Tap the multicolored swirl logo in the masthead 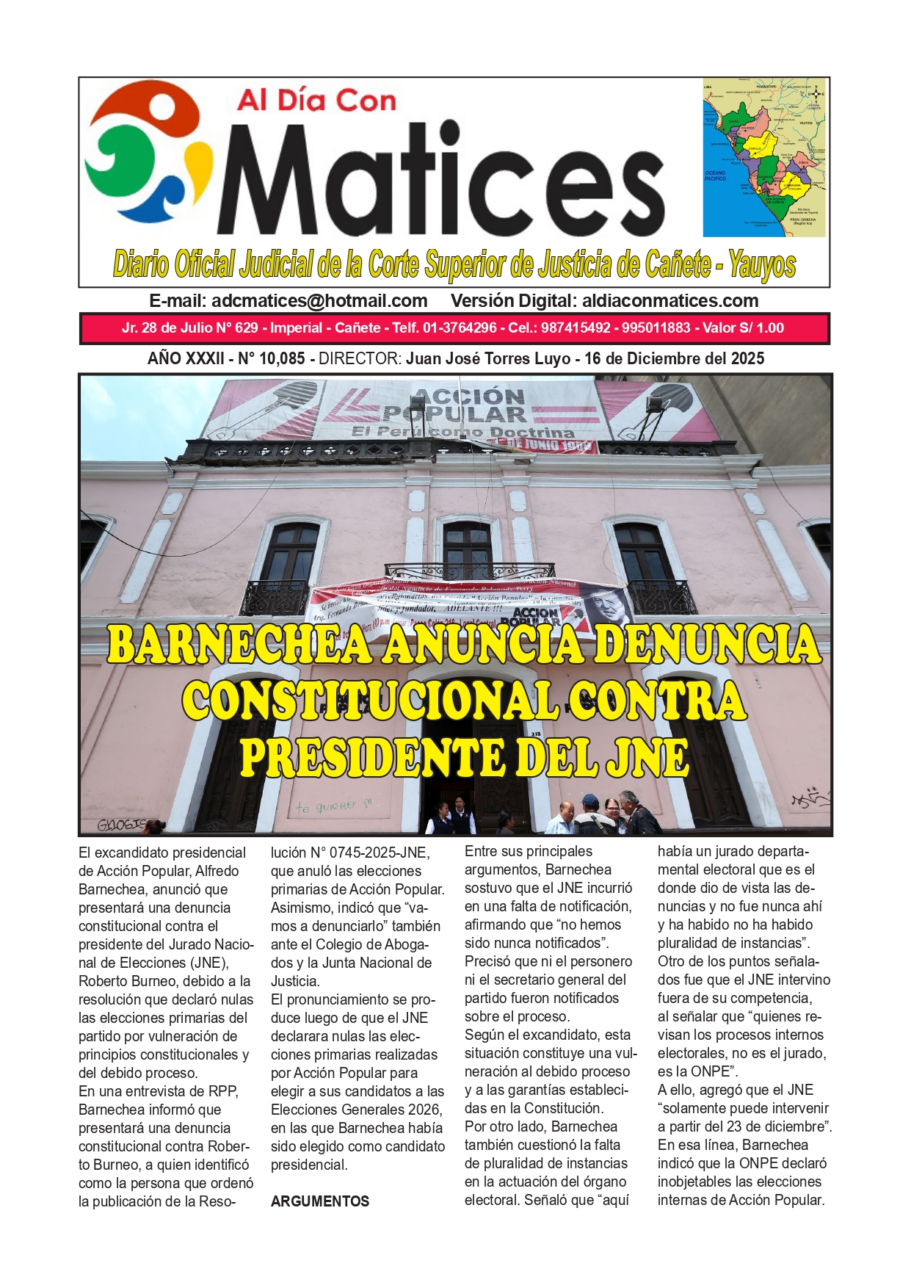[147, 151]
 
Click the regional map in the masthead [763, 157]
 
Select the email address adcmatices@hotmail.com [319, 301]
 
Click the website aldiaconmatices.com [669, 301]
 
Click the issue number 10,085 [281, 359]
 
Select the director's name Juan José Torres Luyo [488, 359]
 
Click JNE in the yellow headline [646, 759]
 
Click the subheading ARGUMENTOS [319, 1201]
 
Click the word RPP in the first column [222, 1091]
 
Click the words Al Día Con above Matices [316, 101]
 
